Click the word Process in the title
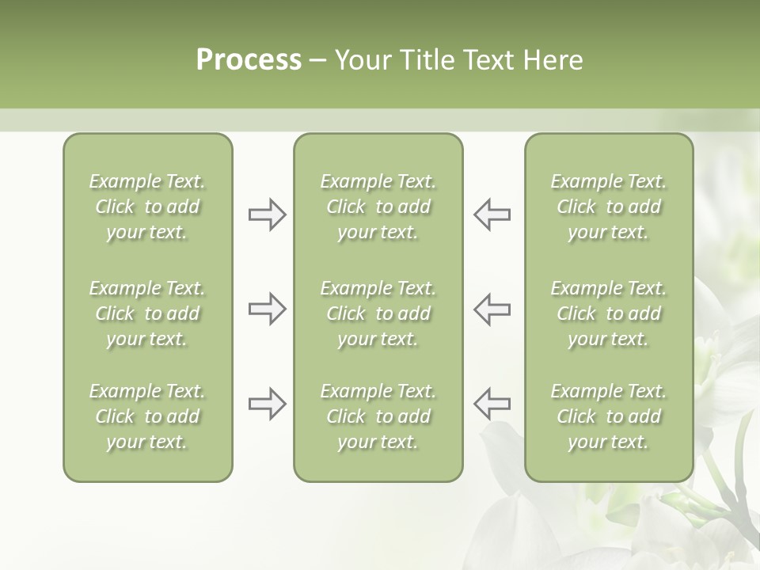click(249, 60)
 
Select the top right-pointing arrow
click(268, 215)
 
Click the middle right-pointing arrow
click(268, 309)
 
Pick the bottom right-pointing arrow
click(268, 405)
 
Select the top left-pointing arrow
click(492, 215)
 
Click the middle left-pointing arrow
click(492, 309)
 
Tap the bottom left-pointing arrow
click(492, 405)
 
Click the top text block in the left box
click(147, 207)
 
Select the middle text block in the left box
click(147, 313)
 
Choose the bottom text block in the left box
click(147, 416)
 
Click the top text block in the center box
click(378, 207)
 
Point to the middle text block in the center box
click(378, 313)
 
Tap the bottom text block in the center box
click(378, 416)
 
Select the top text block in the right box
click(608, 207)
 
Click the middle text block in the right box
click(608, 313)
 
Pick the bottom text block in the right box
click(608, 416)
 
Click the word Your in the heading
click(361, 60)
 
